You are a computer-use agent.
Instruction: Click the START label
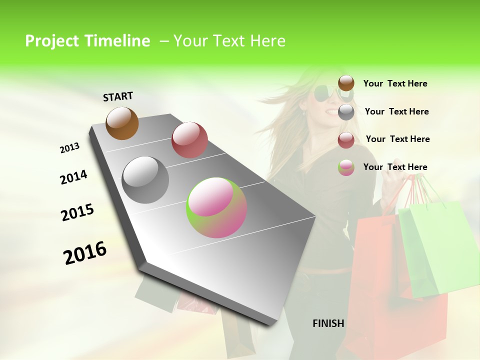click(118, 96)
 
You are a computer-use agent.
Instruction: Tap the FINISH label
click(328, 323)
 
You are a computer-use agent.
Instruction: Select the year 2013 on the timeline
click(69, 148)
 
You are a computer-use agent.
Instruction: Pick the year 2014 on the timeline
click(73, 177)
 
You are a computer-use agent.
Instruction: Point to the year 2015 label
click(77, 212)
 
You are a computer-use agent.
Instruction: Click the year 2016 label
click(85, 253)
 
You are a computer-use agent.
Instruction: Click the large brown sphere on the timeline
click(122, 123)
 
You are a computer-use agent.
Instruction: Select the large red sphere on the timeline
click(189, 140)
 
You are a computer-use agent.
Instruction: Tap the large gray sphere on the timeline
click(145, 180)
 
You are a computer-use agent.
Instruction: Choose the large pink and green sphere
click(216, 207)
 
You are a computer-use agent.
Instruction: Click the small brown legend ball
click(346, 83)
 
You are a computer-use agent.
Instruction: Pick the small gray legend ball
click(346, 112)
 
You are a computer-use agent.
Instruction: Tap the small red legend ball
click(346, 140)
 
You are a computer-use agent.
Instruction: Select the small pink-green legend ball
click(346, 168)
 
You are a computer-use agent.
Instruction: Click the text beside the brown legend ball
click(395, 83)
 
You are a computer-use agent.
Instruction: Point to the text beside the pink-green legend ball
click(395, 167)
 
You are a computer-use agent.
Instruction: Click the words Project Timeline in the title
click(87, 41)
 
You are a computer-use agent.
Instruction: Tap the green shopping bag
click(435, 245)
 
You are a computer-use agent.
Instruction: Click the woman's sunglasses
click(327, 94)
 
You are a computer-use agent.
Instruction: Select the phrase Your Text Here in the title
click(229, 41)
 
